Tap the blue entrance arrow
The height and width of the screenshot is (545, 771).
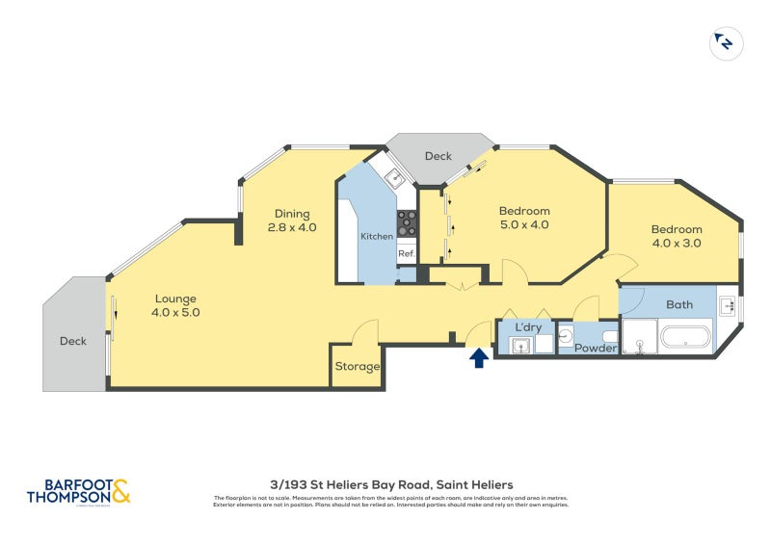pyautogui.click(x=477, y=358)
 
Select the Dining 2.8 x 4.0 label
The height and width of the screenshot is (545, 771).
pyautogui.click(x=292, y=221)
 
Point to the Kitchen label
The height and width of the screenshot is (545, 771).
pyautogui.click(x=376, y=236)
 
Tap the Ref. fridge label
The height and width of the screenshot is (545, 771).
pyautogui.click(x=406, y=254)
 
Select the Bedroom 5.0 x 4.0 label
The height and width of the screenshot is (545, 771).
pyautogui.click(x=523, y=218)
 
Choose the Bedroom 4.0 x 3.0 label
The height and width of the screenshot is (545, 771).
pyautogui.click(x=676, y=236)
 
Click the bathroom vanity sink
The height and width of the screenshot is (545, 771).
pyautogui.click(x=730, y=306)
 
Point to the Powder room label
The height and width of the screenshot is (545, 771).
pyautogui.click(x=596, y=348)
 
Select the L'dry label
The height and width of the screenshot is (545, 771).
pyautogui.click(x=528, y=327)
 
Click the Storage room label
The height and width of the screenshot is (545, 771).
pyautogui.click(x=357, y=367)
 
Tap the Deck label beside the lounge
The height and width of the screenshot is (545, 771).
pyautogui.click(x=73, y=341)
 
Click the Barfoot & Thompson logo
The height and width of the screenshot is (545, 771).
pyautogui.click(x=77, y=492)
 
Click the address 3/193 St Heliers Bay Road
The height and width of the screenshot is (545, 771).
pyautogui.click(x=390, y=484)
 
